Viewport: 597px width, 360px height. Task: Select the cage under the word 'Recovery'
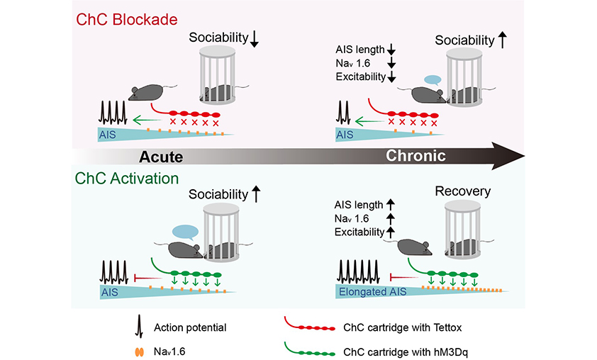click(x=465, y=231)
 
